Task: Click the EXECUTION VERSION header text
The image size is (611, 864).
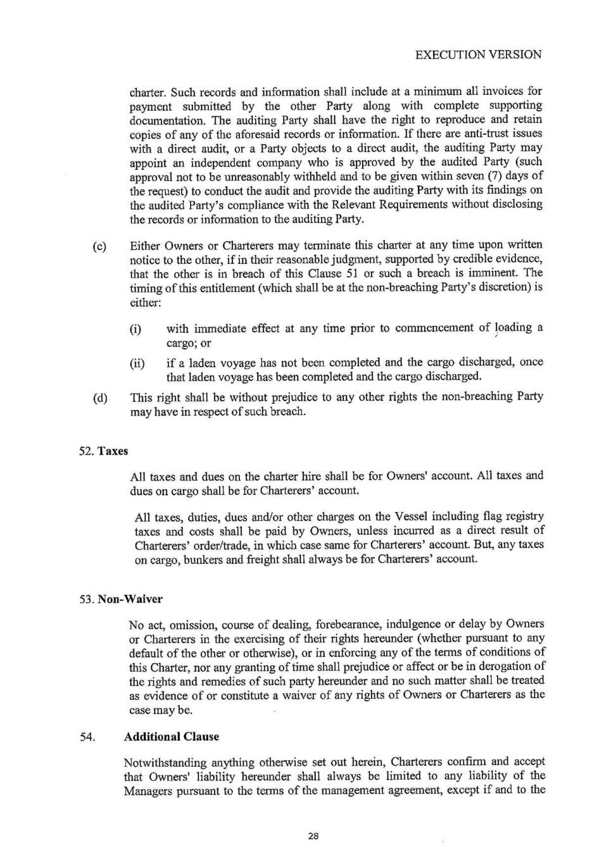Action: tap(478, 54)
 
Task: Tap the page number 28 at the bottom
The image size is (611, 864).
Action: tap(313, 836)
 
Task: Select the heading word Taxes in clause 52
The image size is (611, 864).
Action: tap(113, 451)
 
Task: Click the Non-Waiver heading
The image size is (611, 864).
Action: tap(130, 599)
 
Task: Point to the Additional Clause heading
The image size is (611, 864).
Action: tap(172, 737)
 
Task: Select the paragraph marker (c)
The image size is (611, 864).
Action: tap(99, 246)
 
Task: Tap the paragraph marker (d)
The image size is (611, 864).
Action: tap(99, 398)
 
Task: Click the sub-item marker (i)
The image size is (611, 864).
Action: tap(135, 329)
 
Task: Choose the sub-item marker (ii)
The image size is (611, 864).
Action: tap(137, 363)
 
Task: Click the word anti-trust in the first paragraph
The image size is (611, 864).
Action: tap(468, 134)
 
